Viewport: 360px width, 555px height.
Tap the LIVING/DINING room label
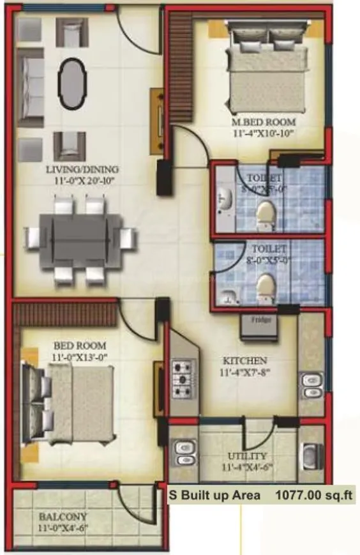click(82, 169)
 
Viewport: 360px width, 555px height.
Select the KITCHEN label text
click(245, 360)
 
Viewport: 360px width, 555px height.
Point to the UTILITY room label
click(246, 456)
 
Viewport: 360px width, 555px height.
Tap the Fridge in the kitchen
click(258, 327)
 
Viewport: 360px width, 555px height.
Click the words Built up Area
click(218, 494)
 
